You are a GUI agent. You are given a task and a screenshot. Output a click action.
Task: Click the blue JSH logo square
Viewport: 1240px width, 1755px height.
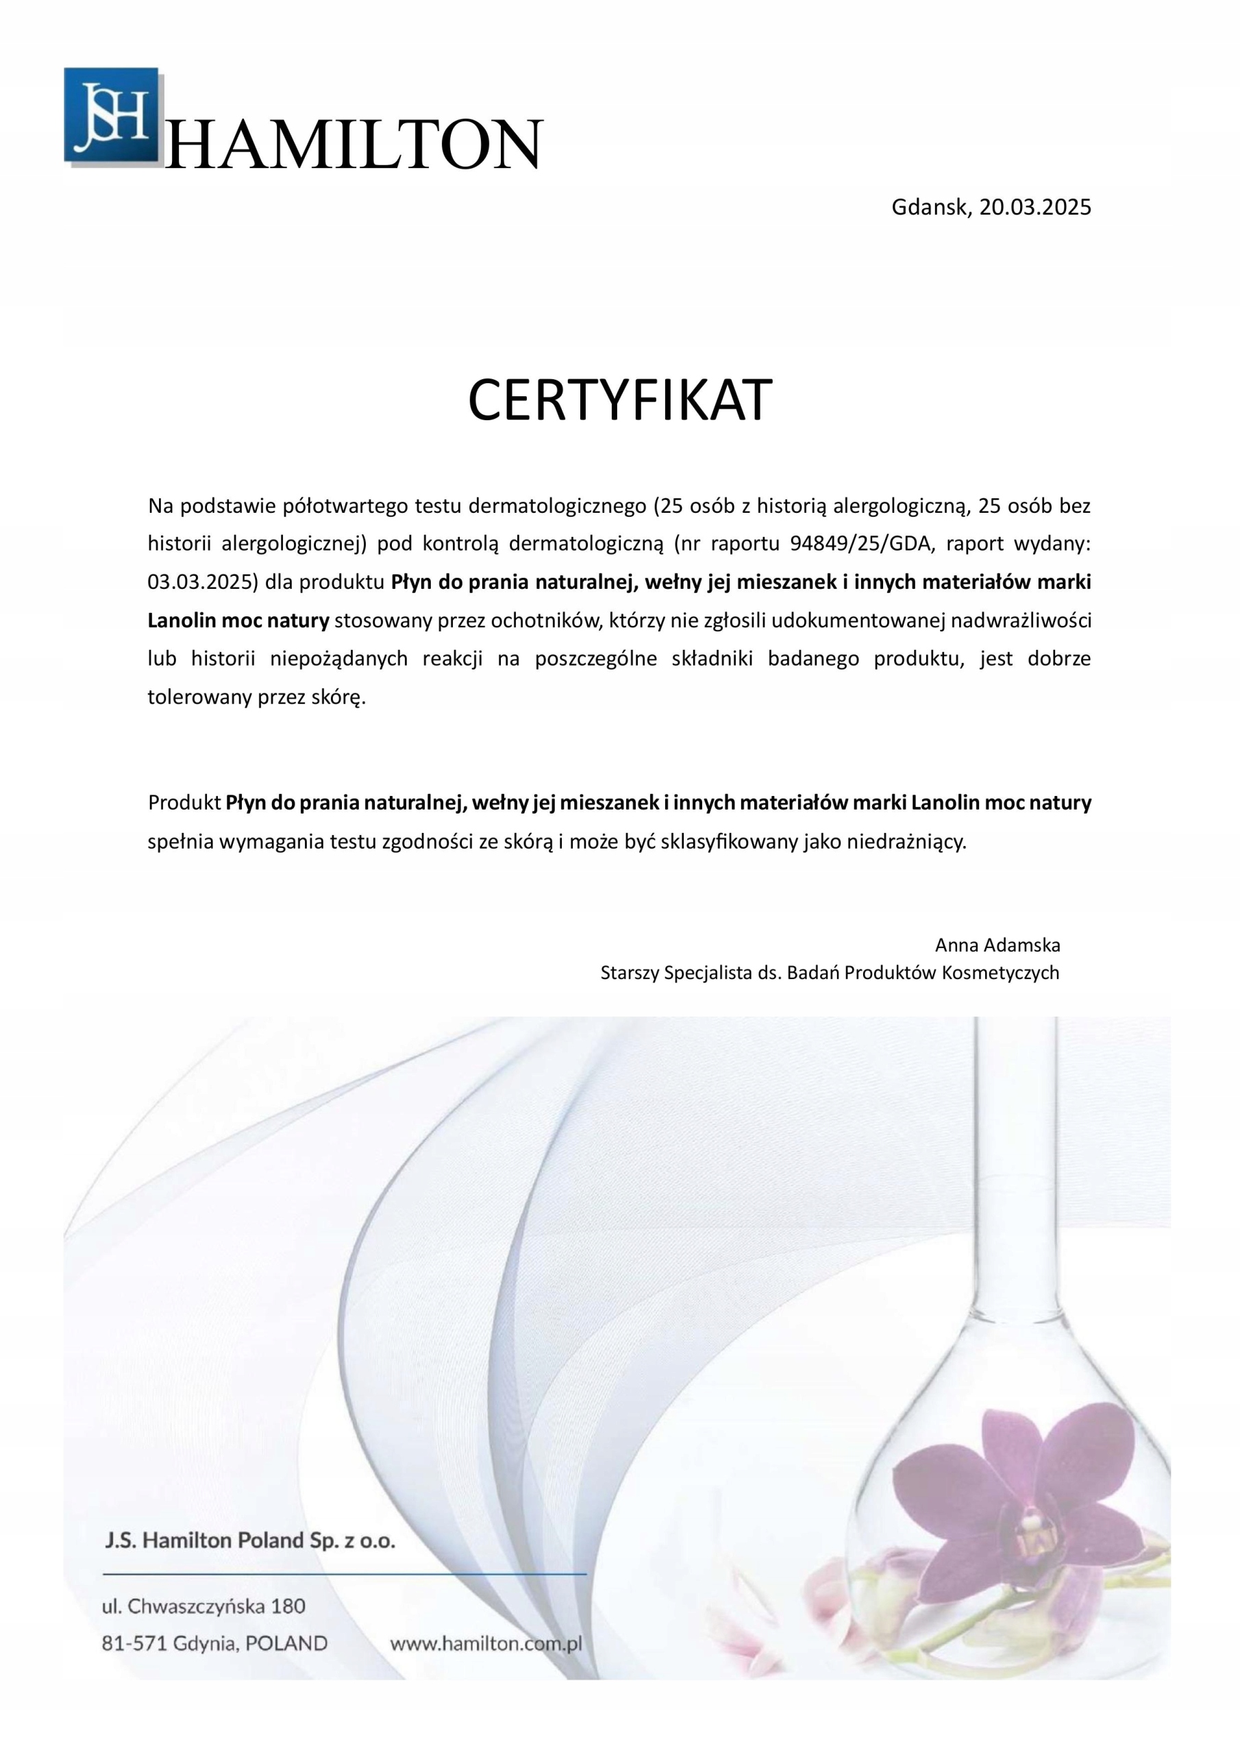tap(112, 114)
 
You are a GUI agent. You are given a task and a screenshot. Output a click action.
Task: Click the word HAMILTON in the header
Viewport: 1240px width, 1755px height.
tap(354, 145)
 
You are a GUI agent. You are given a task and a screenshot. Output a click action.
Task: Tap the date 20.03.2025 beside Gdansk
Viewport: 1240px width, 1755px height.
tap(1035, 207)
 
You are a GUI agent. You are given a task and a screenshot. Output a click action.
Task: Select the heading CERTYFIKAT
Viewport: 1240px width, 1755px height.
tap(619, 400)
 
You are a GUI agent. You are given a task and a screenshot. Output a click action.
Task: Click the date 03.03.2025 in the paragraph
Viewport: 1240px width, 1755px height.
tap(199, 582)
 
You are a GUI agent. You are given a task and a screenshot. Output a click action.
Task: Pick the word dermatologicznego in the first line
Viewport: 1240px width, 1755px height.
tap(557, 505)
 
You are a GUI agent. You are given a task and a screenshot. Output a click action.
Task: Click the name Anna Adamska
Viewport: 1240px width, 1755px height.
tap(997, 945)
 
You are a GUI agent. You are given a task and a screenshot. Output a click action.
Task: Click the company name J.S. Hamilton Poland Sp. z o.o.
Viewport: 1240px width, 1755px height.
tap(250, 1540)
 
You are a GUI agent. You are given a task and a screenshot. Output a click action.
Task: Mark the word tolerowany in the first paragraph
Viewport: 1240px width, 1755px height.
tap(199, 697)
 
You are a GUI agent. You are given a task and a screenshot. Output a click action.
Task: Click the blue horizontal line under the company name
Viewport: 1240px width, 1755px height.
tap(344, 1574)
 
